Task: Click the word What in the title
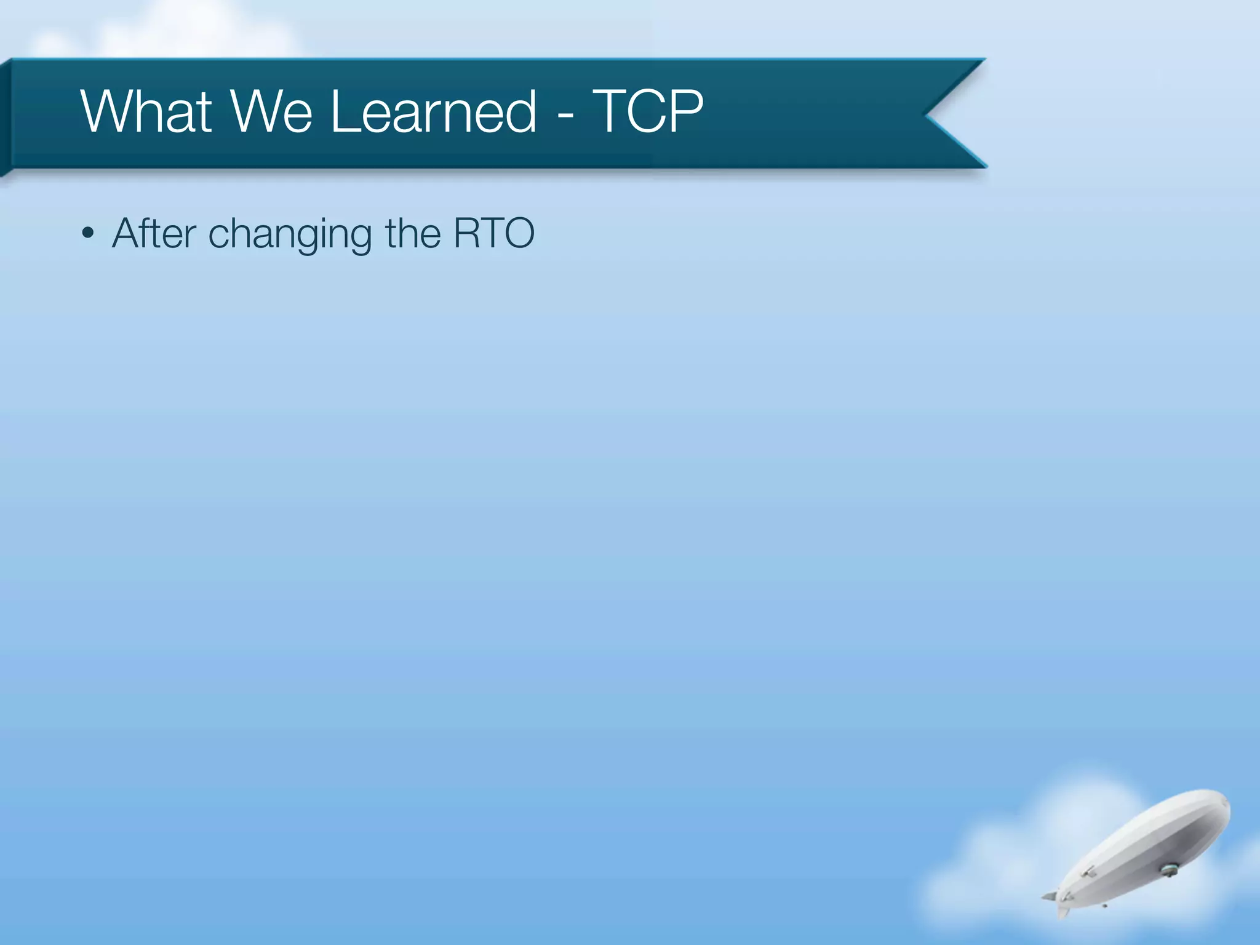coord(146,111)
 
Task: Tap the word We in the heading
coord(271,111)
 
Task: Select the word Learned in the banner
coord(434,111)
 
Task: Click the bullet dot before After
coord(89,234)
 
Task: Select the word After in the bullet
coord(154,233)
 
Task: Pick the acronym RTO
coord(494,233)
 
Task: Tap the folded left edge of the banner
coord(6,117)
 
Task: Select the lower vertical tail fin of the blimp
coord(1063,911)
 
